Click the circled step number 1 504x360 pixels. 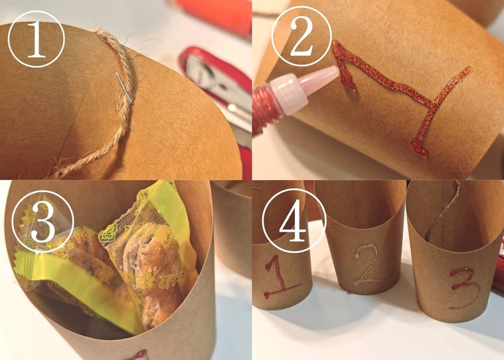[36, 39]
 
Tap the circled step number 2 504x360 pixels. [301, 36]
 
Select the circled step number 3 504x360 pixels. [42, 222]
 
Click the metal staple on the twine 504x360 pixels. [124, 88]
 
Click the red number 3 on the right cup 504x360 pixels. [463, 288]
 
